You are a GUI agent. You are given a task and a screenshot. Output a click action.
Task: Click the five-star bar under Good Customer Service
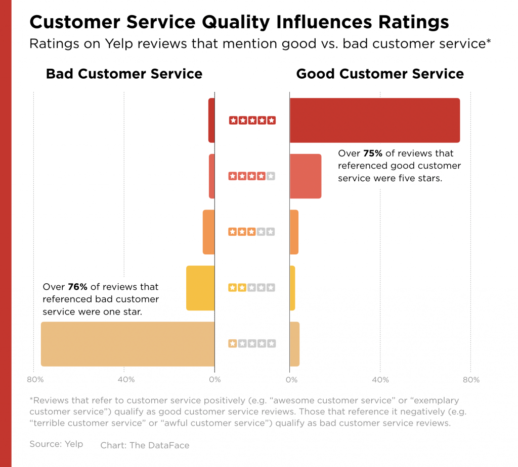(x=374, y=120)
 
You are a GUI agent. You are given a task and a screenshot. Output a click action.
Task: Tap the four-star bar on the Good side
(x=305, y=176)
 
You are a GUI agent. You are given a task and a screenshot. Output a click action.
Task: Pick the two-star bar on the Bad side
(x=200, y=288)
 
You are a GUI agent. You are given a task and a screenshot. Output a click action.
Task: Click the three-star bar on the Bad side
(x=208, y=232)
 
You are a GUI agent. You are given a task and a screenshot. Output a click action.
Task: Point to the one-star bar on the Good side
(x=294, y=344)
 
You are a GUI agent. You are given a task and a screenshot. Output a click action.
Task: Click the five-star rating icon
(x=252, y=120)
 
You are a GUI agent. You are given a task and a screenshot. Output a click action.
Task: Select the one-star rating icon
(x=252, y=344)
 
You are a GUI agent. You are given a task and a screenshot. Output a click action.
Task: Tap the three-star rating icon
(x=252, y=232)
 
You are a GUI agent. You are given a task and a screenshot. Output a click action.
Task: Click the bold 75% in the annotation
(x=373, y=153)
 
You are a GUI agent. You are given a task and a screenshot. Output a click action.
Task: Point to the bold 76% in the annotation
(x=77, y=287)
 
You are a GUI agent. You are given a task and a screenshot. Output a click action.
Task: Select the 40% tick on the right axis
(x=380, y=379)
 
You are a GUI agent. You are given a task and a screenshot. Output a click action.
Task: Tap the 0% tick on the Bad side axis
(x=214, y=379)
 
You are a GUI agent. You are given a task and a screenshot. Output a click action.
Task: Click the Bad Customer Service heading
(x=124, y=74)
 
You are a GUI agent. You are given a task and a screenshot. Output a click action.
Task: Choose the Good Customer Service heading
(x=380, y=74)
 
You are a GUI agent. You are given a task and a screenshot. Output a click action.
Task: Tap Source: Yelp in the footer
(x=56, y=444)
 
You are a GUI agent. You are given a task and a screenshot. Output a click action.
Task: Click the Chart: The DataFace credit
(x=145, y=445)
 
